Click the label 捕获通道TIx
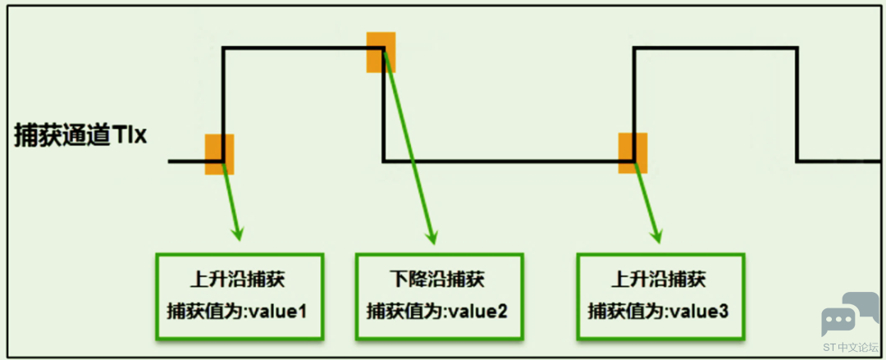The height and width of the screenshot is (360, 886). click(80, 136)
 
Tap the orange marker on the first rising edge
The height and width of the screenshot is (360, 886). click(219, 154)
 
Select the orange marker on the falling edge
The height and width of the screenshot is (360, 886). click(381, 52)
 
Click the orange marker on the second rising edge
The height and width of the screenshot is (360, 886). click(633, 153)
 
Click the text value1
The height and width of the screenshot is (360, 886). click(284, 312)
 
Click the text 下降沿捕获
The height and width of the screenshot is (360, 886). click(436, 280)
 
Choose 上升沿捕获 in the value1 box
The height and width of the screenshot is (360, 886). click(237, 280)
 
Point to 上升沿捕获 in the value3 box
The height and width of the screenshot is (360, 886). click(659, 280)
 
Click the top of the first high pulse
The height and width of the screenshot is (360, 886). click(304, 48)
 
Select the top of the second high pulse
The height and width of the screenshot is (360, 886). click(714, 48)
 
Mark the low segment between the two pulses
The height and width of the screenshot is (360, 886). click(502, 161)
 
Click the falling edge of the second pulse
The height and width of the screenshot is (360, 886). click(797, 105)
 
